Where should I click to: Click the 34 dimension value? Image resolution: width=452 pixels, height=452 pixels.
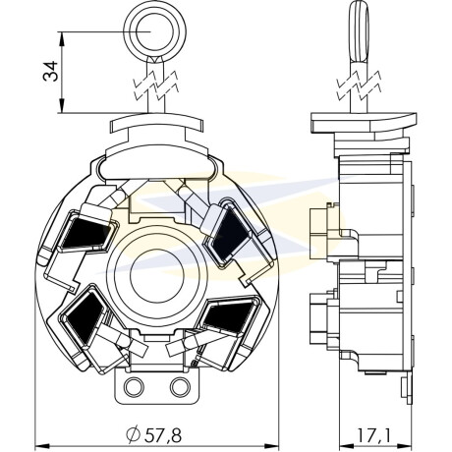50,72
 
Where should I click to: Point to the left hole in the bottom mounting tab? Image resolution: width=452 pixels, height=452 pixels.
134,387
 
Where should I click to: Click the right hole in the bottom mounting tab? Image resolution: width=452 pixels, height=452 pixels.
180,387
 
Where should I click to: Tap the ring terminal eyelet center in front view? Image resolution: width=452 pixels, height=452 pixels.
154,31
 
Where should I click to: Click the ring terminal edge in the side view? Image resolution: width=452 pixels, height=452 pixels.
359,32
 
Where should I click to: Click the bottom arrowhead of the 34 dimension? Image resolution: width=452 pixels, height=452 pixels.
61,106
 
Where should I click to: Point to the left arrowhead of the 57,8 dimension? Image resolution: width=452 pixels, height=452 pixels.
42,446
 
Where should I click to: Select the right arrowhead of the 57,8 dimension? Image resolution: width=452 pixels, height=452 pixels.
271,446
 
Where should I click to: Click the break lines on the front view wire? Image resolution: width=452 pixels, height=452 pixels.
155,85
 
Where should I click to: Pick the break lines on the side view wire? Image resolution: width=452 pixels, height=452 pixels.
360,85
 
